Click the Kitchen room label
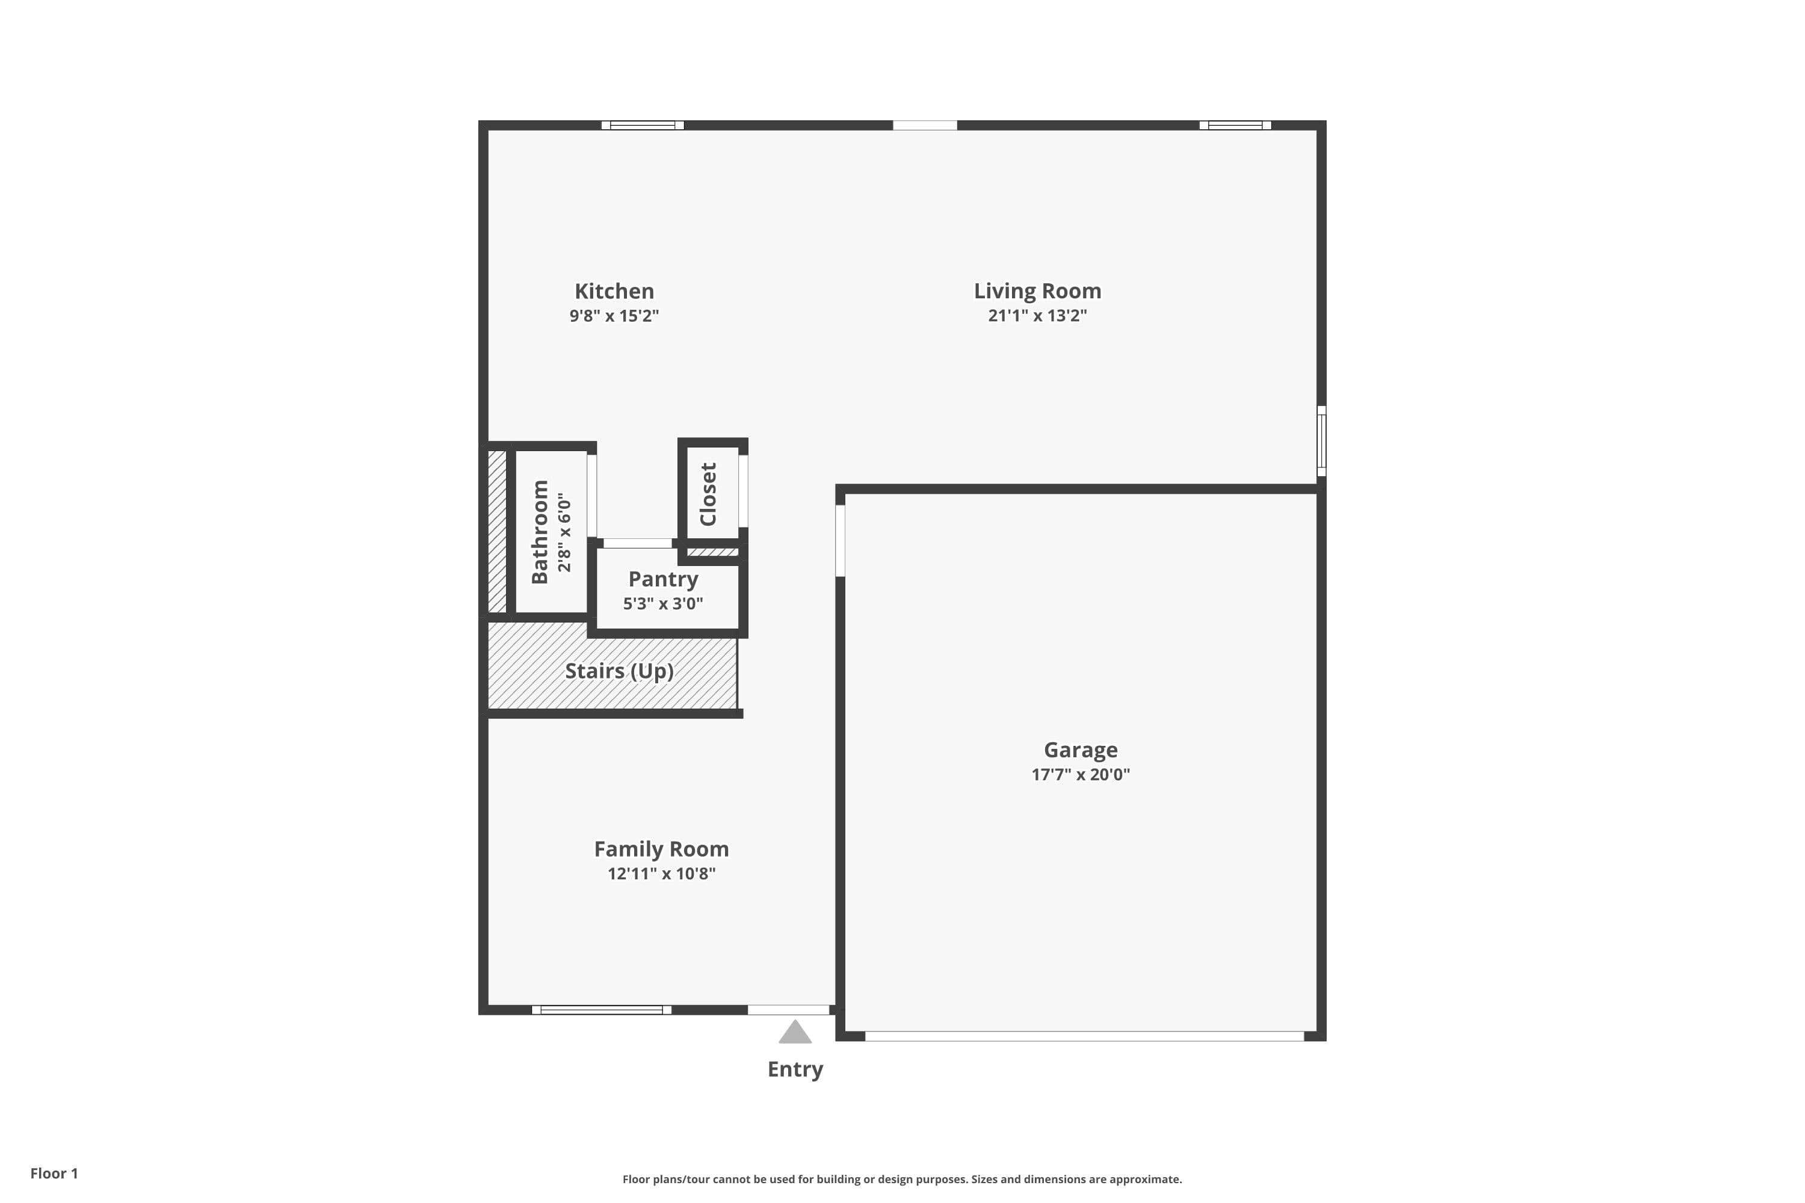click(614, 292)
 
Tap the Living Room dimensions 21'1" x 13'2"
click(1037, 315)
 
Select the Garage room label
click(1081, 749)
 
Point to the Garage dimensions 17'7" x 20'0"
click(1081, 774)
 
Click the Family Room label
click(661, 849)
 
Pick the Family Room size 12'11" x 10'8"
click(661, 873)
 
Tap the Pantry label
click(663, 579)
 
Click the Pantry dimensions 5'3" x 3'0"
click(663, 603)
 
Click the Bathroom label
click(540, 532)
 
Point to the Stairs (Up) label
click(619, 671)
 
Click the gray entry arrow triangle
click(795, 1033)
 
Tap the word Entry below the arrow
click(795, 1069)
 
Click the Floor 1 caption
click(54, 1173)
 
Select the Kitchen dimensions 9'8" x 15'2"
click(614, 315)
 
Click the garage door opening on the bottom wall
click(1084, 1036)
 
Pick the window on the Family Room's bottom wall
click(602, 1010)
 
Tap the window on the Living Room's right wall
click(1321, 441)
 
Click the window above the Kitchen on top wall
click(643, 125)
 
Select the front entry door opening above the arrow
click(788, 1010)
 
